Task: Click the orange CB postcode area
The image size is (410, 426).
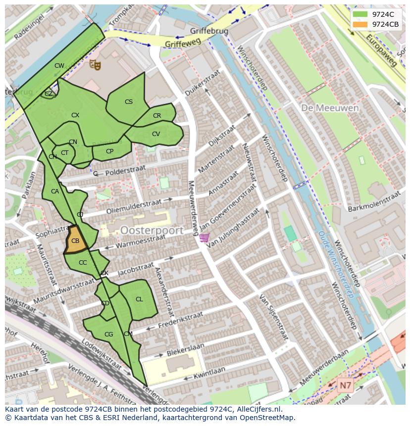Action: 75,240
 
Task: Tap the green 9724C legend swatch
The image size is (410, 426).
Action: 360,14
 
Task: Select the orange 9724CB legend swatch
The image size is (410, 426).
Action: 360,24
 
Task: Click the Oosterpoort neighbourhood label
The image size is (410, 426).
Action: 152,231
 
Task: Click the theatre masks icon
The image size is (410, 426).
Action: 95,64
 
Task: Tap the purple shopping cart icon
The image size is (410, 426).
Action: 204,238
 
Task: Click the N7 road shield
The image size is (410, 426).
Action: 345,384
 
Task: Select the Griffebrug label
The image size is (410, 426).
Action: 209,31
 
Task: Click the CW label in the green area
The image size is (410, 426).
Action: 59,66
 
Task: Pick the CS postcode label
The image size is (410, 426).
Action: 129,102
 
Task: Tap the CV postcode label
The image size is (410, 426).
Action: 156,134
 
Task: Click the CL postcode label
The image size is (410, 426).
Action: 139,299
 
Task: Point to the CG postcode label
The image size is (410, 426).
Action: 108,334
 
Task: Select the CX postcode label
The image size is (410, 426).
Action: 75,115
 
